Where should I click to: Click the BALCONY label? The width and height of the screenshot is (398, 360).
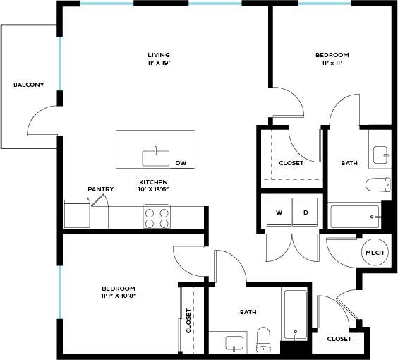29,85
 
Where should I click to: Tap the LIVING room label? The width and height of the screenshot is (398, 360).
159,55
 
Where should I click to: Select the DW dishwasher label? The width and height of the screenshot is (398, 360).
181,164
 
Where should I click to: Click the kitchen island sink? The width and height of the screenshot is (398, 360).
152,156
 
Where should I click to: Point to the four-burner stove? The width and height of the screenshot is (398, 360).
157,217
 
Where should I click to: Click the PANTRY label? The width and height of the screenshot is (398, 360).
101,189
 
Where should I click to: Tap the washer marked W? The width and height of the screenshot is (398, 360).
279,212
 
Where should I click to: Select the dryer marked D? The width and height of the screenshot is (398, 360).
306,212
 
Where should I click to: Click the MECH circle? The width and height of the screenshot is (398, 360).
373,252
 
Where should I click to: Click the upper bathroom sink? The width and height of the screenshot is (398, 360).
381,152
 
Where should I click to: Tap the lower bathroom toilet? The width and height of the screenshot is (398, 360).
264,339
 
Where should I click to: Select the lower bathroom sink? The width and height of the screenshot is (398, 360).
235,344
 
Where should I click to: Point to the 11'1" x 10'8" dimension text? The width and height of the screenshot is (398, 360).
118,296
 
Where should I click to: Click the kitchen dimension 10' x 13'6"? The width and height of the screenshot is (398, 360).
153,189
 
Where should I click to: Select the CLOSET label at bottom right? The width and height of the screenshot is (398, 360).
339,339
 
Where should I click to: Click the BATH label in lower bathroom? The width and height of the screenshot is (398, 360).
248,311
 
